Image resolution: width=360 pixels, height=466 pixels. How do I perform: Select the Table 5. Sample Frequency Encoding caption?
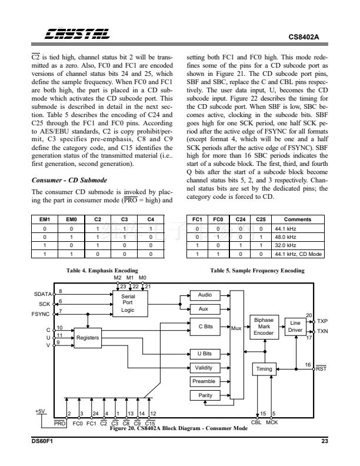pyautogui.click(x=257, y=270)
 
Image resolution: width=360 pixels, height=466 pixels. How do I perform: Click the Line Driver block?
pyautogui.click(x=295, y=327)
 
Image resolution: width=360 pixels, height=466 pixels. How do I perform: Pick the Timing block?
pyautogui.click(x=264, y=369)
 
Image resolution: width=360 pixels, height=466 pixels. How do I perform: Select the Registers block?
pyautogui.click(x=87, y=338)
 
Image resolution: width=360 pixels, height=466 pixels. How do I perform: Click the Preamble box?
pyautogui.click(x=204, y=382)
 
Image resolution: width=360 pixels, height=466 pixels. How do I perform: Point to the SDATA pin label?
pyautogui.click(x=43, y=293)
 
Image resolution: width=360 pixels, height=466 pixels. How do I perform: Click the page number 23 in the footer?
pyautogui.click(x=325, y=441)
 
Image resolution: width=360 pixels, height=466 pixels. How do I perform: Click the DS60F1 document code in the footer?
pyautogui.click(x=43, y=441)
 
